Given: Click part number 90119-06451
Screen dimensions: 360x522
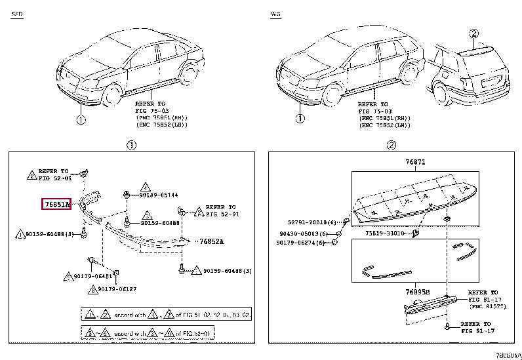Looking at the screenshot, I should click(x=92, y=277).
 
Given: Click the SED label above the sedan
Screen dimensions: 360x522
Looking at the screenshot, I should click(x=16, y=14).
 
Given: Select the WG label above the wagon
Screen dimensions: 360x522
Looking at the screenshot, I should click(x=275, y=14).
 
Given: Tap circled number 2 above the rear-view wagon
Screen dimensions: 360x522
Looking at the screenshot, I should click(x=474, y=33).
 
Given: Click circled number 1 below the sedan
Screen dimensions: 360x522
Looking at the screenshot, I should click(x=79, y=119).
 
